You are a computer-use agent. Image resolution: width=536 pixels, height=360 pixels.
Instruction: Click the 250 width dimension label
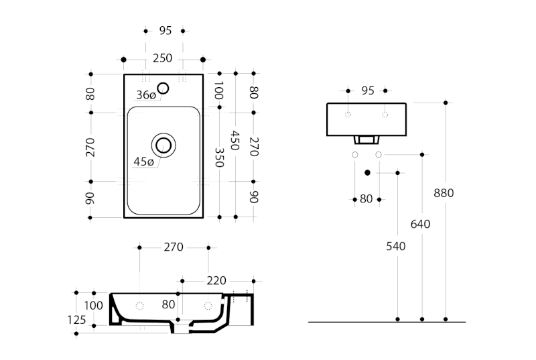pos(162,58)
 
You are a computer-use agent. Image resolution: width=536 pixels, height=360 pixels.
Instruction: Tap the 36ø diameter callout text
pos(145,95)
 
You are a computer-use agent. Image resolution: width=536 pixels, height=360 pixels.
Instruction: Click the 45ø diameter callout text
pos(143,162)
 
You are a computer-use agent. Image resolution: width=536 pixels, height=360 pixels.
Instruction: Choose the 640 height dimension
pos(420,224)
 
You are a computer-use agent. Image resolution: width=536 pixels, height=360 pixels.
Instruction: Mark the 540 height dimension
pos(396,246)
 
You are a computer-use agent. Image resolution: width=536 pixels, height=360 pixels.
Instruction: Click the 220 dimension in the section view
pos(216,280)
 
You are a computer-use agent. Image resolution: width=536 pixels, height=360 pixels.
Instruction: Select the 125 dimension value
pos(77,320)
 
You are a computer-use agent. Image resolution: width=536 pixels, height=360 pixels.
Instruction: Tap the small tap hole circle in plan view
pos(163,87)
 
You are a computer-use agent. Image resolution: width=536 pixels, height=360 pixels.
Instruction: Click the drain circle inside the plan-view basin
pos(163,144)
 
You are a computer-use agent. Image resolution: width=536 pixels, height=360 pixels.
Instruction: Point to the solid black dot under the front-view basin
pos(367,173)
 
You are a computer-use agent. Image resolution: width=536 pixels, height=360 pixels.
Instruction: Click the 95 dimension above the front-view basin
pos(366,91)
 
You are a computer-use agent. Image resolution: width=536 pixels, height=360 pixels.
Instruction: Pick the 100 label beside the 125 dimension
pos(94,306)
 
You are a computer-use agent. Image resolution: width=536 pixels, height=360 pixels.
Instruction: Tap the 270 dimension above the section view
pos(174,247)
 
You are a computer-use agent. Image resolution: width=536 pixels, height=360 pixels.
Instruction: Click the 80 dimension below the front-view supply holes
pos(366,198)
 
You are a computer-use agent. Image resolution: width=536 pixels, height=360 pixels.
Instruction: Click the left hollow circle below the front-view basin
pos(354,155)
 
